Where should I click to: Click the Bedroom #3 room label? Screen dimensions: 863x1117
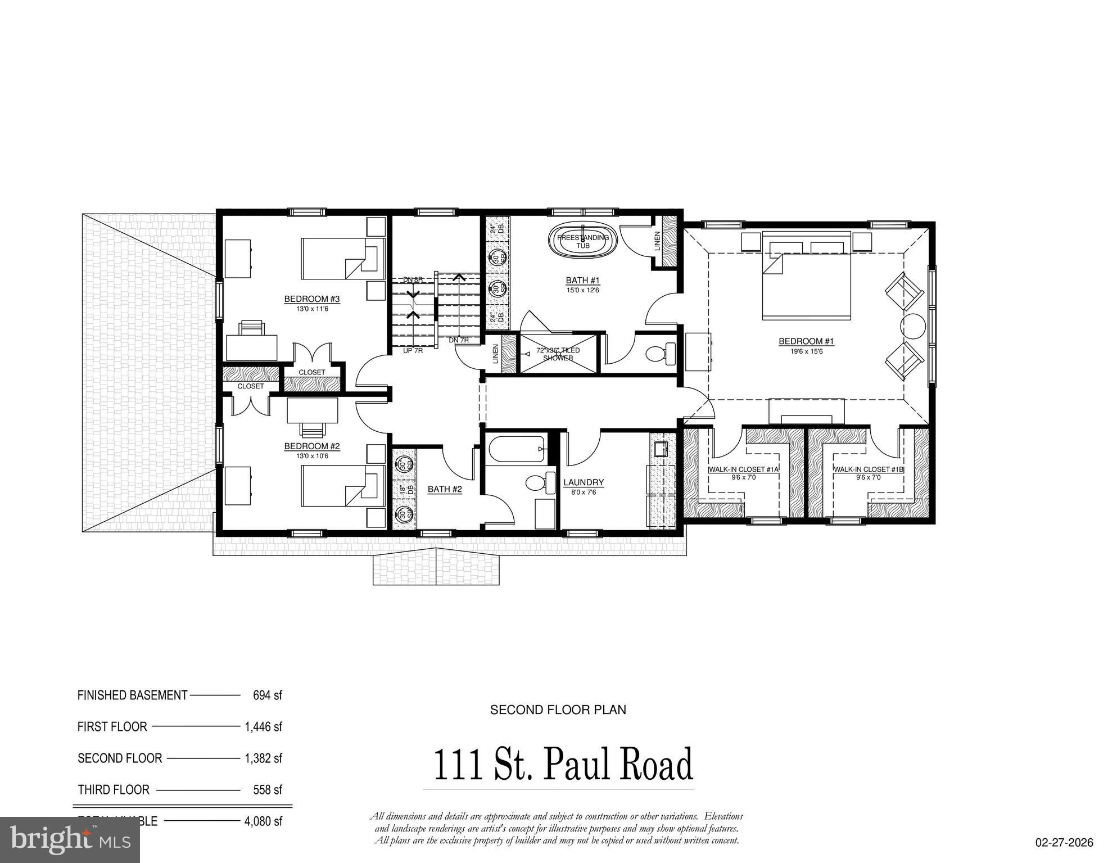[312, 299]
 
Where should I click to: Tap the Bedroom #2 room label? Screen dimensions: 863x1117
[312, 446]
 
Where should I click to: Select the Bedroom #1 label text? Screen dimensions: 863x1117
[806, 341]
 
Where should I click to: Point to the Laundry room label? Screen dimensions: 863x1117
[584, 482]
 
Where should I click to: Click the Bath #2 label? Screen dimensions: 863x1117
[445, 489]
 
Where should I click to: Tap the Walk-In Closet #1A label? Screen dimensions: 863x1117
[743, 469]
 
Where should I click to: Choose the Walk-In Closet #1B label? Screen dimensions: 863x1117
[869, 469]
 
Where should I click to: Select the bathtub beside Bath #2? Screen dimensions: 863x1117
[516, 449]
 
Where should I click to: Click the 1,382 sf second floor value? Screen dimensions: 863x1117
[263, 758]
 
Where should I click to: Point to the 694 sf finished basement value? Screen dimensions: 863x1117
[267, 695]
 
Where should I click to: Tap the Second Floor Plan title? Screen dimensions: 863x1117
[558, 710]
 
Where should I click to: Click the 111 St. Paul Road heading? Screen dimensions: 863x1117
[563, 765]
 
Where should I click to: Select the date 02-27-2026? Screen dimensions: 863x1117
[1065, 842]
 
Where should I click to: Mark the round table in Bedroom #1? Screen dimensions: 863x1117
[913, 326]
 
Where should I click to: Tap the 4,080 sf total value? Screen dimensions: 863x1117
[263, 821]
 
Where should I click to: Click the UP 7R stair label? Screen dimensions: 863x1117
[413, 351]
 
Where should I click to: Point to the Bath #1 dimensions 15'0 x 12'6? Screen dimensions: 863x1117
[582, 290]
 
